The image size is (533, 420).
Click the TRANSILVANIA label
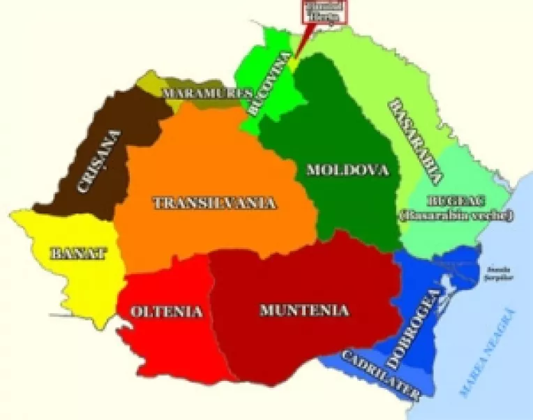(x=214, y=203)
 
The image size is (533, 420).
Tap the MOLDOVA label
(x=347, y=170)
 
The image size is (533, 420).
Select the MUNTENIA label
(x=303, y=310)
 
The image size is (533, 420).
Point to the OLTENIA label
(x=167, y=311)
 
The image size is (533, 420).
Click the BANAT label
(x=78, y=253)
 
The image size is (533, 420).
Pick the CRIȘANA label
(x=98, y=163)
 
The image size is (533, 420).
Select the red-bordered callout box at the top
(x=322, y=12)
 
